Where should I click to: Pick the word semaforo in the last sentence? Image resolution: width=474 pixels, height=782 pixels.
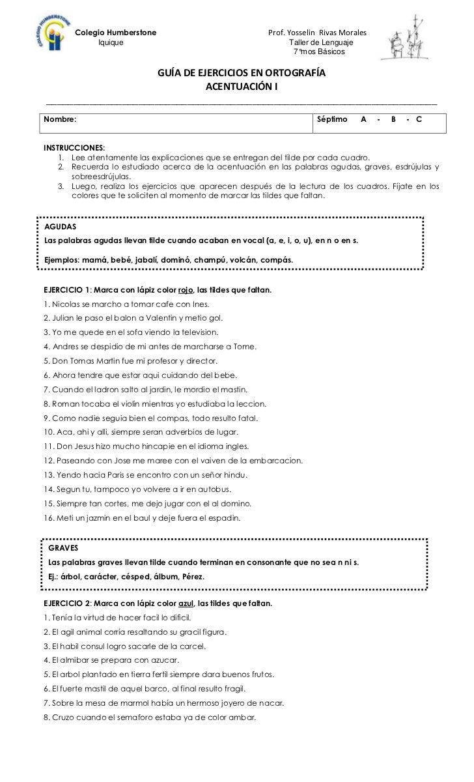133,717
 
